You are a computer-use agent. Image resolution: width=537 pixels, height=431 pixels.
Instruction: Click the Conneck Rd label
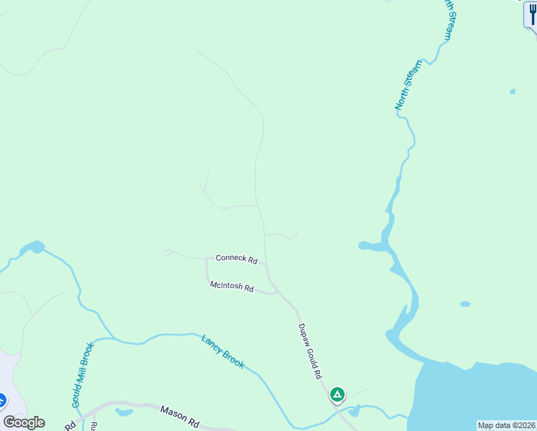pyautogui.click(x=236, y=259)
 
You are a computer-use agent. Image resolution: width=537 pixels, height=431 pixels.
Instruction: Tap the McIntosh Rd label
pyautogui.click(x=232, y=287)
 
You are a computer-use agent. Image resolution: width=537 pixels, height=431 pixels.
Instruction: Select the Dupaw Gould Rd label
pyautogui.click(x=309, y=351)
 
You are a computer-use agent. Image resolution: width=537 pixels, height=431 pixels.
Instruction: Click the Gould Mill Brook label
pyautogui.click(x=83, y=375)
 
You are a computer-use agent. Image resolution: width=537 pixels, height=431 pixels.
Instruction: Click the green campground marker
pyautogui.click(x=337, y=394)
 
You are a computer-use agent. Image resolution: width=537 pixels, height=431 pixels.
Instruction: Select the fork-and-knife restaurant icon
pyautogui.click(x=533, y=14)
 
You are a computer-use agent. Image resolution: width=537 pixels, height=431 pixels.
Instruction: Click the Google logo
pyautogui.click(x=24, y=422)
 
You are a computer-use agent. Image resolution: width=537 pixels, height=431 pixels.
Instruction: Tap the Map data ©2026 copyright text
pyautogui.click(x=507, y=425)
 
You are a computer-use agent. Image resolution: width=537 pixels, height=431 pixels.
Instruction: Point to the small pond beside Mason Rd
pyautogui.click(x=123, y=412)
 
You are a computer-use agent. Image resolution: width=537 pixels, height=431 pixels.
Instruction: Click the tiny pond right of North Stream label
pyautogui.click(x=512, y=91)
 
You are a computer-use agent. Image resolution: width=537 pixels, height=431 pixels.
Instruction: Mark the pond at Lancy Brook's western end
pyautogui.click(x=32, y=248)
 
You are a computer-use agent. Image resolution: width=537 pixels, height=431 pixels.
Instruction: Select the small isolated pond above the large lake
pyautogui.click(x=464, y=304)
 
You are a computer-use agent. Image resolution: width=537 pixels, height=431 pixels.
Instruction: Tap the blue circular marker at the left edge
pyautogui.click(x=1, y=399)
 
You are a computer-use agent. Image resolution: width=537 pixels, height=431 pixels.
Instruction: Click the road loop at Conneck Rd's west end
pyautogui.click(x=167, y=252)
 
